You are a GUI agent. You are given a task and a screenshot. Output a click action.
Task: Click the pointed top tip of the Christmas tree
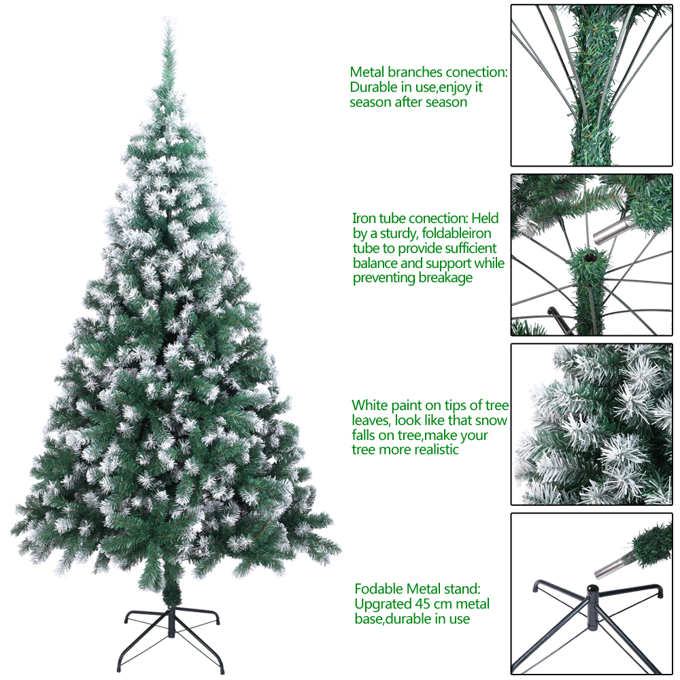coord(167,18)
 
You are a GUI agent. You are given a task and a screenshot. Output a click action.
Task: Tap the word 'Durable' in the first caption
coord(374,87)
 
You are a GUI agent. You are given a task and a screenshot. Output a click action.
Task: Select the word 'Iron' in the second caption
coord(364,218)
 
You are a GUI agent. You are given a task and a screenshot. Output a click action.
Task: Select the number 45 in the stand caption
coord(423,604)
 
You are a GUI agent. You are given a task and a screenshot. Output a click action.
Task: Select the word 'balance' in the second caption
coord(375,263)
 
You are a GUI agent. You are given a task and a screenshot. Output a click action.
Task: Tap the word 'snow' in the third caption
coord(491,421)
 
